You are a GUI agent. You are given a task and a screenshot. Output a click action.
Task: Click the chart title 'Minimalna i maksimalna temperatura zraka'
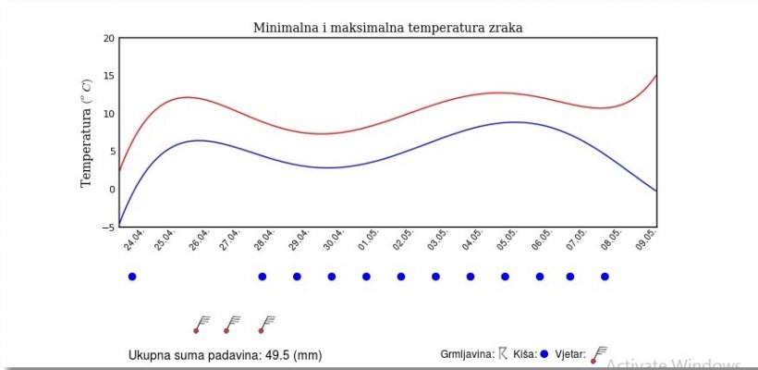point(388,28)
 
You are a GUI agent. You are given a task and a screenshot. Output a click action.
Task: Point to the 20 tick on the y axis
point(109,38)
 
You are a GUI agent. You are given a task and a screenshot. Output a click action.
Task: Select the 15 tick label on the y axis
point(109,76)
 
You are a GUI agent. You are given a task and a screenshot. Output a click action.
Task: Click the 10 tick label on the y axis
point(109,114)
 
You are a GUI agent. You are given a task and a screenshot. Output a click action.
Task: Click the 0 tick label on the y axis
point(112,189)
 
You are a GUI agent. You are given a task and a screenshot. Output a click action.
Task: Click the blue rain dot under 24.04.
point(132,277)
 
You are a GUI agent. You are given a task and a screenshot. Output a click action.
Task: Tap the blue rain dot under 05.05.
point(505,277)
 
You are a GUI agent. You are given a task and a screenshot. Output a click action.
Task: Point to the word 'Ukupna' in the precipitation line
point(149,355)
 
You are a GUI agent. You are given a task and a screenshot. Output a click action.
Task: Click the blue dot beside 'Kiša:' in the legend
point(544,353)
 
